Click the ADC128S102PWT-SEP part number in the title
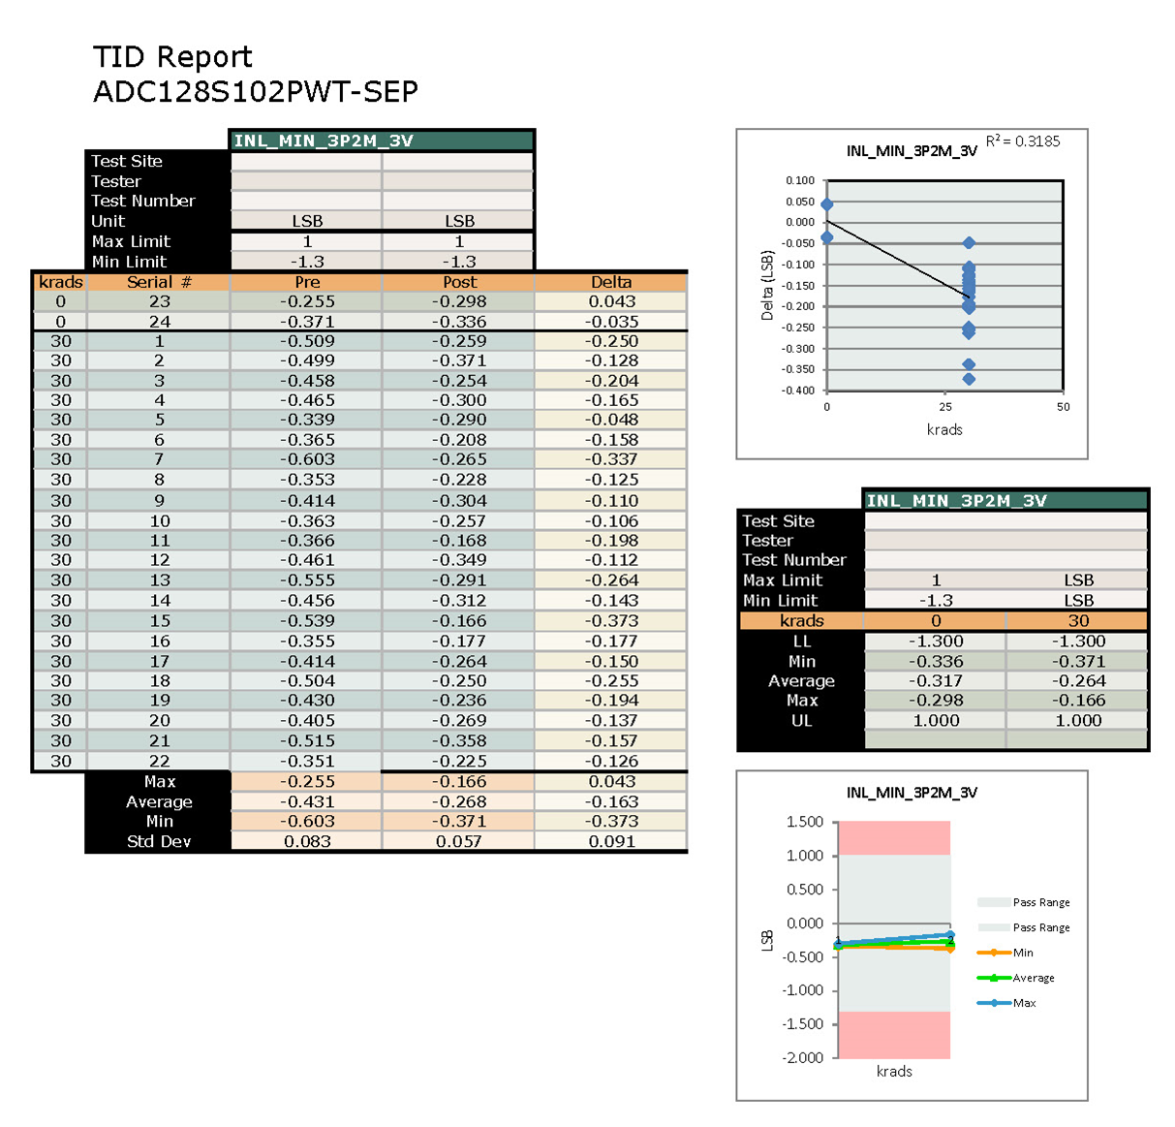pyautogui.click(x=256, y=92)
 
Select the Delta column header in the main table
pyautogui.click(x=611, y=282)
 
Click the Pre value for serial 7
pyautogui.click(x=307, y=459)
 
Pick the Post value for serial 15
pyautogui.click(x=459, y=620)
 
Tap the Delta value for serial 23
pyautogui.click(x=611, y=301)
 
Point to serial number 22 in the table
pyautogui.click(x=160, y=761)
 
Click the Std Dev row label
pyautogui.click(x=159, y=841)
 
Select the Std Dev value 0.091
pyautogui.click(x=611, y=841)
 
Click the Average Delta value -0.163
pyautogui.click(x=611, y=801)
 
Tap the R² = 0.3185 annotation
pyautogui.click(x=1023, y=141)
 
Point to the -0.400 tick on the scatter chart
pyautogui.click(x=800, y=391)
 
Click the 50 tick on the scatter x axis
pyautogui.click(x=1063, y=407)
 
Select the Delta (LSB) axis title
pyautogui.click(x=767, y=286)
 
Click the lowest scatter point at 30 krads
pyautogui.click(x=969, y=379)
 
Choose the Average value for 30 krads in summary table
pyautogui.click(x=1078, y=681)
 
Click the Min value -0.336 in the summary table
pyautogui.click(x=936, y=661)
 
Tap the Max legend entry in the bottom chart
pyautogui.click(x=1024, y=1003)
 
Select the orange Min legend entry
pyautogui.click(x=1022, y=953)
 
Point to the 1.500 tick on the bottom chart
pyautogui.click(x=804, y=822)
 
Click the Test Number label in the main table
pyautogui.click(x=143, y=201)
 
